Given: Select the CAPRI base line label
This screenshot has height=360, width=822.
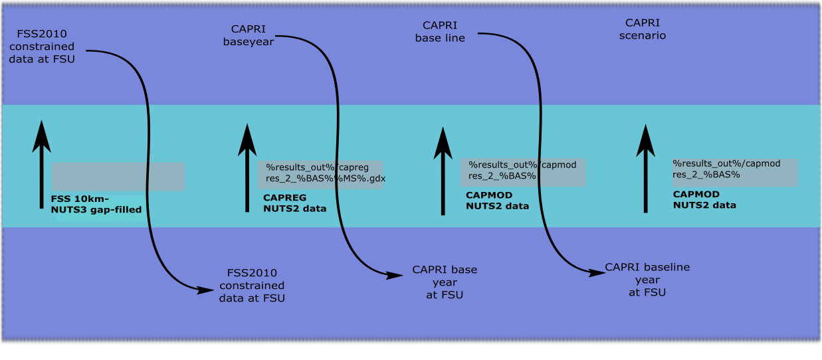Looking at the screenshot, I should pyautogui.click(x=440, y=31).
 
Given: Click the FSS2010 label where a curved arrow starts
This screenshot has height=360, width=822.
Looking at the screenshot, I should pyautogui.click(x=45, y=46).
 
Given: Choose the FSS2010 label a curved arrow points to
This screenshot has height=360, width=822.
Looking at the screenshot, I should pyautogui.click(x=252, y=286).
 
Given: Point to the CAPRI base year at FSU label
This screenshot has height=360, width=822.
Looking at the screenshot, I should pyautogui.click(x=445, y=282).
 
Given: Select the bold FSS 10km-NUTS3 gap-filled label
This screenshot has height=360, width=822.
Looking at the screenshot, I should pyautogui.click(x=96, y=204).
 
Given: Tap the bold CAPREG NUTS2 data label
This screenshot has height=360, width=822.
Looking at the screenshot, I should pyautogui.click(x=295, y=203).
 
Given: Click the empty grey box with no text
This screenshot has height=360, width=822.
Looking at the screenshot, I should pyautogui.click(x=118, y=177).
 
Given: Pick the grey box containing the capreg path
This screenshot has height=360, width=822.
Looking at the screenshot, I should pyautogui.click(x=320, y=174).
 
